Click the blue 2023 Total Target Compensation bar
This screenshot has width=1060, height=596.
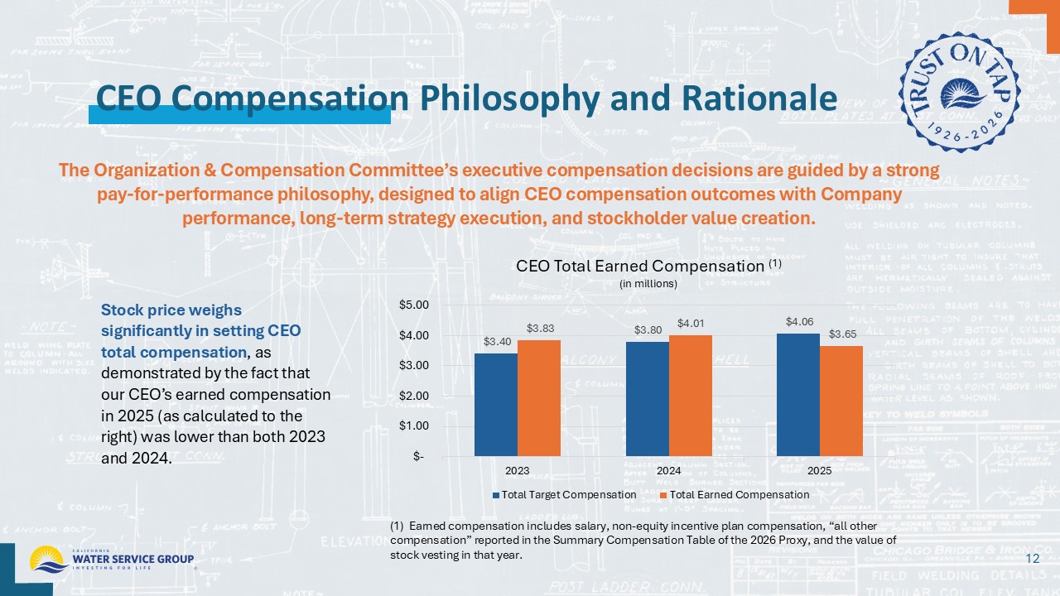pos(495,405)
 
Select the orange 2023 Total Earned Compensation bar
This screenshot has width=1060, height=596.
pos(538,398)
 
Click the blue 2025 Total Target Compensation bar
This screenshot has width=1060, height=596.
pos(798,395)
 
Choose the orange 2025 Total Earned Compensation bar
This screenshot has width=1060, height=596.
pos(841,401)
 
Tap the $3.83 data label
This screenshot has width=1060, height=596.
pos(539,329)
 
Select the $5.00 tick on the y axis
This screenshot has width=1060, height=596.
pos(414,305)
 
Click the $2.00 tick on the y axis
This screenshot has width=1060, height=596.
pos(414,396)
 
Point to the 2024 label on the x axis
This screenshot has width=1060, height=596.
pos(668,470)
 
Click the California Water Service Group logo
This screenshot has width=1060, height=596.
pos(112,560)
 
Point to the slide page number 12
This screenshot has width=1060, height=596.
pos(1032,560)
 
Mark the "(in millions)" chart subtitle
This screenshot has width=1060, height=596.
pos(648,284)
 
